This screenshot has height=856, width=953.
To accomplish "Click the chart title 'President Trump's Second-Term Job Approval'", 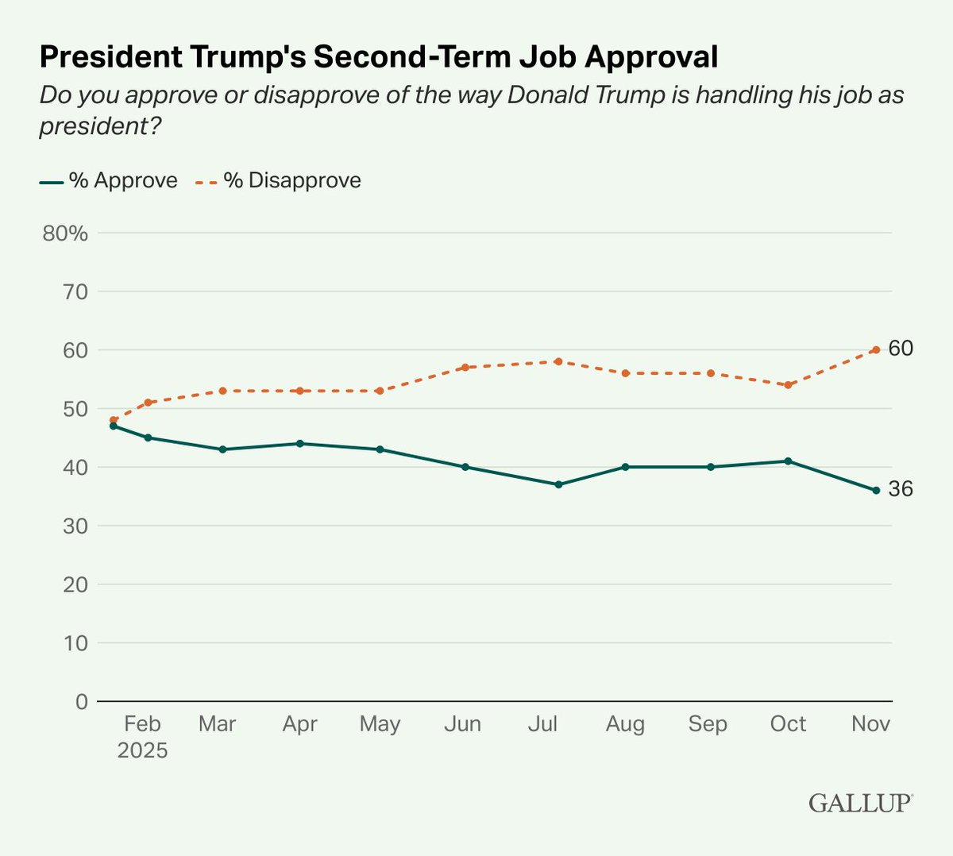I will [x=379, y=57].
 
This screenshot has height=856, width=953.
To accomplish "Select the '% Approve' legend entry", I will [x=109, y=181].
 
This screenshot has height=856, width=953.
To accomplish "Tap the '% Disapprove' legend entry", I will [x=280, y=181].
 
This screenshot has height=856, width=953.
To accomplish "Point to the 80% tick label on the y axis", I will [x=66, y=233].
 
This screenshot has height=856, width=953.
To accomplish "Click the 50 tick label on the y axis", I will [x=71, y=409].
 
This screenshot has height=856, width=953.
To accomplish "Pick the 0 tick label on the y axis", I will [x=81, y=701].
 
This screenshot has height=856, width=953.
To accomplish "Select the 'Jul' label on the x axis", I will [x=542, y=723].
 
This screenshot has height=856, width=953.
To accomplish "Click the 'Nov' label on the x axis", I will [x=870, y=723].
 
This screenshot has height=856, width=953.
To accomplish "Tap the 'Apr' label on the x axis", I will [x=299, y=723].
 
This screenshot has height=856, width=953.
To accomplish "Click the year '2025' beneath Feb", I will [x=142, y=750].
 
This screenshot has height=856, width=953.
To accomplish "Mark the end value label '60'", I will [x=901, y=349].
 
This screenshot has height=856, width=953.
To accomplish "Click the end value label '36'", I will [x=901, y=489].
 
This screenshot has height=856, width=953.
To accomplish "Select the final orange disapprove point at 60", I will [x=876, y=349].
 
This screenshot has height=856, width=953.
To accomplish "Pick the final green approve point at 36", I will [x=876, y=491].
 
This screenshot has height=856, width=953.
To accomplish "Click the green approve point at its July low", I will [x=558, y=484].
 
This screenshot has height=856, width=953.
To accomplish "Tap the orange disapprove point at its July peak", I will [x=558, y=361].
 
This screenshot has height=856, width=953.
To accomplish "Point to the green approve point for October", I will [x=788, y=461].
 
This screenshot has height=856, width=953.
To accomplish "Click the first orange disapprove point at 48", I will [x=114, y=420].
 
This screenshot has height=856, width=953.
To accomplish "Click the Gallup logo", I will [x=860, y=803].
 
